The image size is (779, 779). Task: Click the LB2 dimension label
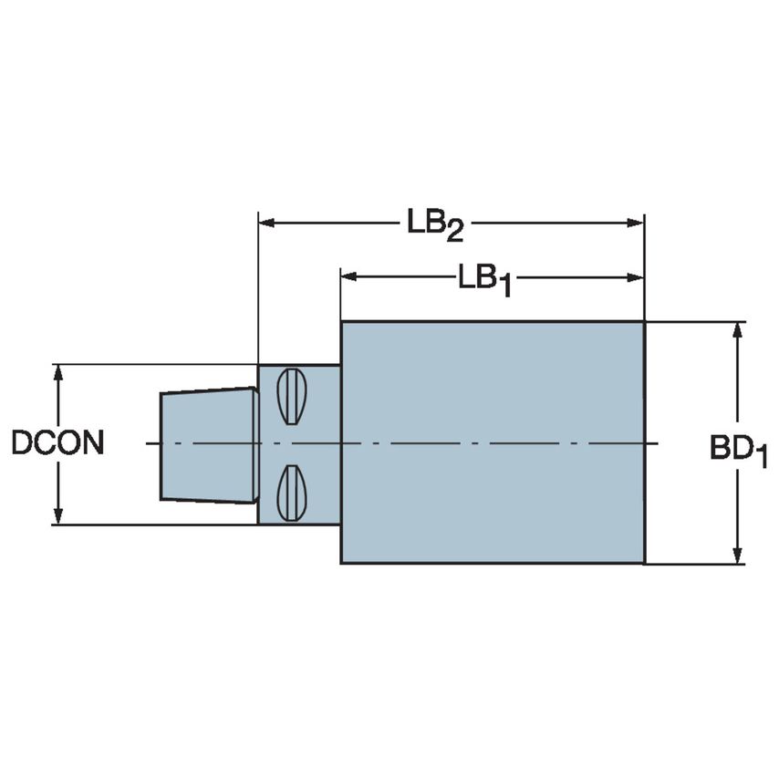[435, 223]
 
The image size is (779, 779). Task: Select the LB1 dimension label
[483, 278]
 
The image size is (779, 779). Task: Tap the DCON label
[57, 443]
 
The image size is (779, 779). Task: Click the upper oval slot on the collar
[291, 397]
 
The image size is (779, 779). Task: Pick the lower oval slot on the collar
[291, 493]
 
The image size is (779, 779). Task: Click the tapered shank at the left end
[208, 444]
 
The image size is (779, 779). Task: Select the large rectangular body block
[493, 442]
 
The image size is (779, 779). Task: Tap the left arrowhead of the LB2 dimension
[266, 221]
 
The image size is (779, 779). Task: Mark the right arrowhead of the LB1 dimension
[638, 275]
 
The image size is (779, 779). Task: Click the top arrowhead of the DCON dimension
[59, 371]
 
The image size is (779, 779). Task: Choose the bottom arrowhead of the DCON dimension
[59, 518]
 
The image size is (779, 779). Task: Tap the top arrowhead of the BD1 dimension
[737, 328]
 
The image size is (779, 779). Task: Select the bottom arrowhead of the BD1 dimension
[737, 556]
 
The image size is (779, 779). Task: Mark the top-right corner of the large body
[644, 322]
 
